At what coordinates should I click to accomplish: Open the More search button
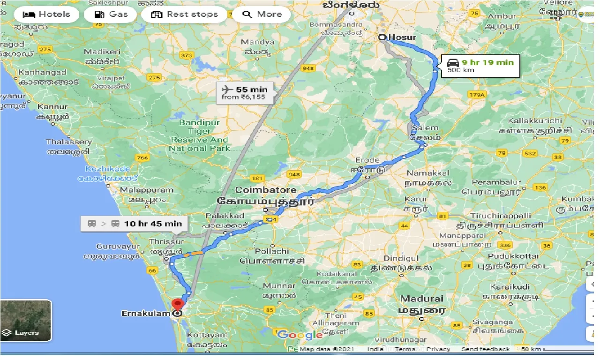pos(262,14)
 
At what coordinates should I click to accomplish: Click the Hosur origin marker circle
pos(382,37)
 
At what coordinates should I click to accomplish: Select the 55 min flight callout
pos(244,92)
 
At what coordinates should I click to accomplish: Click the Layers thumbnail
pos(26,321)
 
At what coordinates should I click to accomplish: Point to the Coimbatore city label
pos(265,190)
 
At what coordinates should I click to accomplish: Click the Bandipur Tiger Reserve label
pos(199,135)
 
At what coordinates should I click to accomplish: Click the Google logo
pos(300,335)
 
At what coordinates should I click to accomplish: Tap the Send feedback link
pos(485,349)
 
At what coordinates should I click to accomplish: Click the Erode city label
pos(367,160)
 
